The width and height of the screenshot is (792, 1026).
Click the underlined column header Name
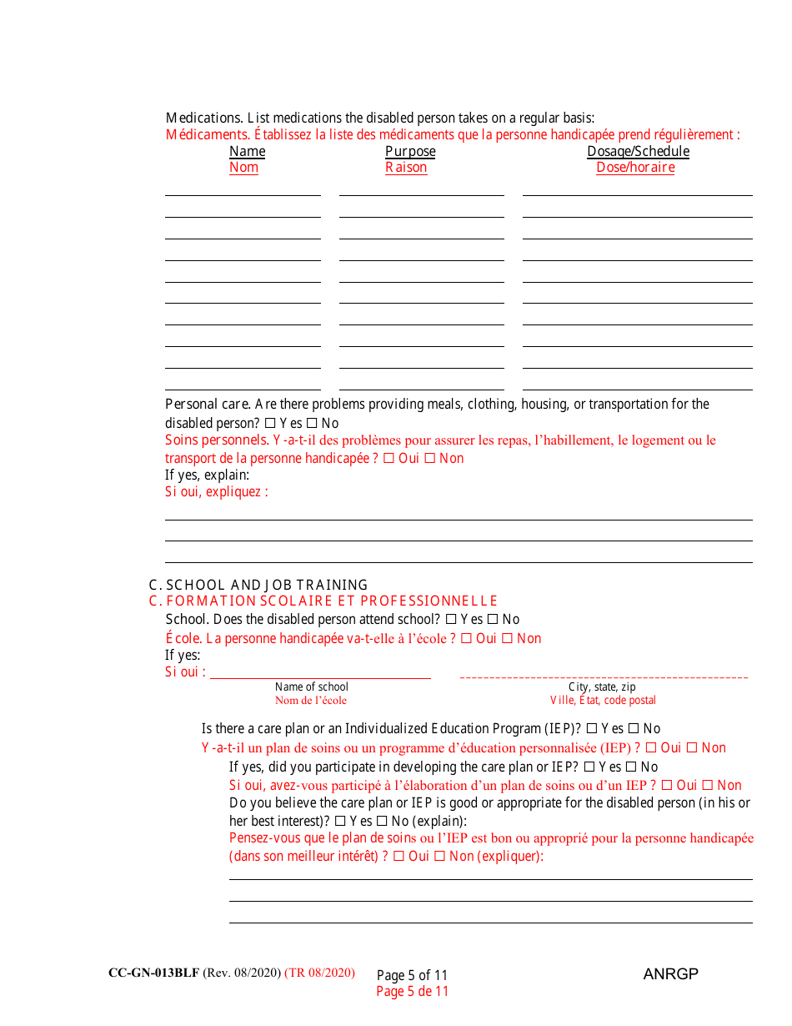247,151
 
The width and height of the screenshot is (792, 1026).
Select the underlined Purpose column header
409,151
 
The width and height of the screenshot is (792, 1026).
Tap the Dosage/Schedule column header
638,151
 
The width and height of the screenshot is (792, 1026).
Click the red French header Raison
406,167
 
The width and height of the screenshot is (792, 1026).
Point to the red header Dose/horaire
635,167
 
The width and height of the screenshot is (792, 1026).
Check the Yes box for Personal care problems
269,423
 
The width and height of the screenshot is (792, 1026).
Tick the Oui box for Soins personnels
388,458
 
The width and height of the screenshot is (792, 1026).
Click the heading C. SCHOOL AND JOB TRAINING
258,585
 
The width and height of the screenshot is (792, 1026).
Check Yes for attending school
451,619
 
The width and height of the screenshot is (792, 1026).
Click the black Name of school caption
312,687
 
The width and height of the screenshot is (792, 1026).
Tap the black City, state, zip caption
602,687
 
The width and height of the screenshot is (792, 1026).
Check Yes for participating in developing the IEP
589,767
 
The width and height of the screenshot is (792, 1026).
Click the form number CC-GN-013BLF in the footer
153,973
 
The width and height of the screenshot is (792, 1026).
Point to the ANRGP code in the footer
670,973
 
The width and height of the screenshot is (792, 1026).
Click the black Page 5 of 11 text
412,975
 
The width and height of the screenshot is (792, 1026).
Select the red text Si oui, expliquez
217,491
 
